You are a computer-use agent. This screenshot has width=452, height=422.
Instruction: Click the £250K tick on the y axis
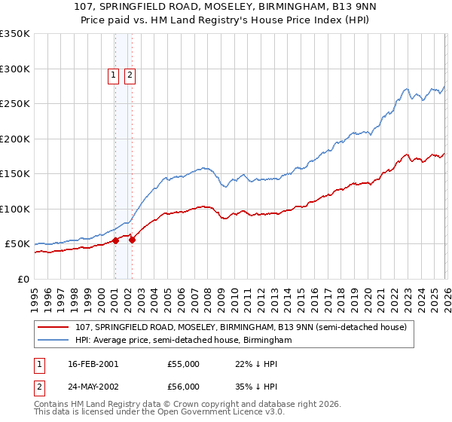click(x=15, y=104)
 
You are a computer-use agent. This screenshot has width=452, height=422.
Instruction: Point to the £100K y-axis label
click(x=15, y=209)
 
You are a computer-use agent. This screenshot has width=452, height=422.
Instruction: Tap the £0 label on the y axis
click(x=24, y=279)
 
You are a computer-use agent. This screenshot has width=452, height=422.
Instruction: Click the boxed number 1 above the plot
click(x=113, y=75)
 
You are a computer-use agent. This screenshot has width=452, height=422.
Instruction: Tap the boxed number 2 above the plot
click(x=130, y=75)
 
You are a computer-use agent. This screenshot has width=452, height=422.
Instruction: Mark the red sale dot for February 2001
click(x=116, y=240)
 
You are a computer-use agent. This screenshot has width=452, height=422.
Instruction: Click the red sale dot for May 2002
click(x=132, y=240)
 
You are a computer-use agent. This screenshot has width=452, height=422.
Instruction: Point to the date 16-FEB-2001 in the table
click(x=93, y=364)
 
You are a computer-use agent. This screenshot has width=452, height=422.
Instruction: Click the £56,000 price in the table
click(x=184, y=387)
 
